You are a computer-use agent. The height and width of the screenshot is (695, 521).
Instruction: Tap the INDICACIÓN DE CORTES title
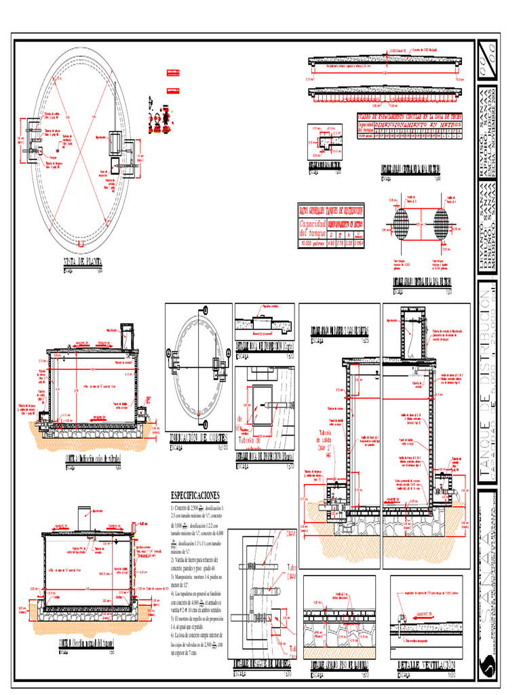click(x=198, y=440)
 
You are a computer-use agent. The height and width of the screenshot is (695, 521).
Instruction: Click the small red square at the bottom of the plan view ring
click(x=80, y=242)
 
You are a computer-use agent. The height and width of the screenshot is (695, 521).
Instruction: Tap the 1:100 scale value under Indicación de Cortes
click(x=221, y=448)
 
